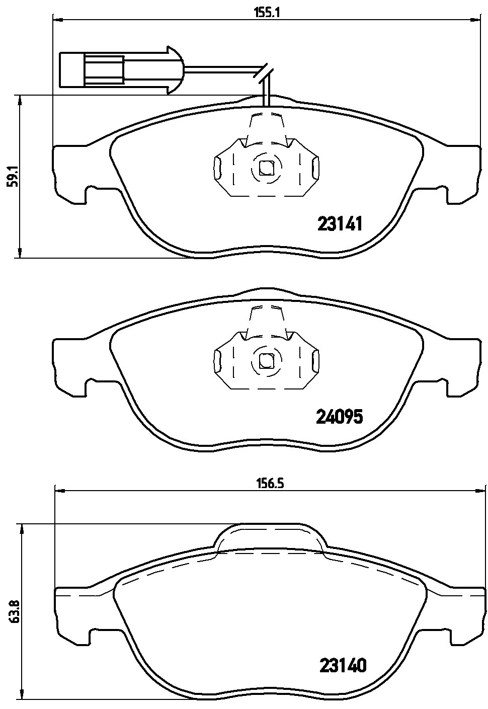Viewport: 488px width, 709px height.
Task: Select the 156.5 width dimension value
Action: (x=268, y=484)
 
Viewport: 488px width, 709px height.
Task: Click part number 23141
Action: (x=340, y=224)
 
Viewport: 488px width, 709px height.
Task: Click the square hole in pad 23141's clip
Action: (x=266, y=168)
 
